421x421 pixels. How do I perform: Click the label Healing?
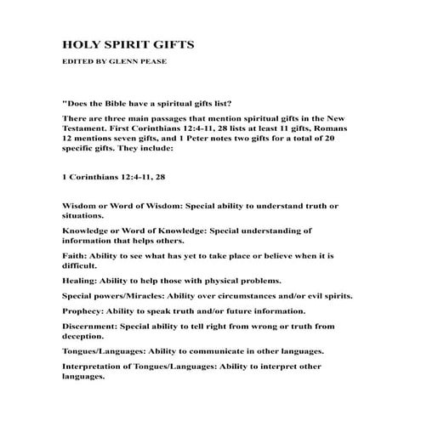(82, 279)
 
